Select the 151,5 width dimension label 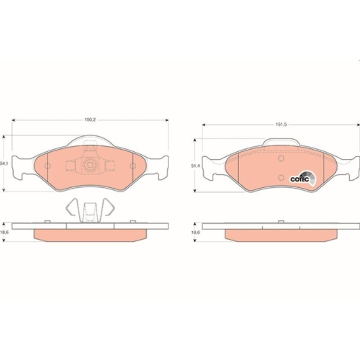coord(281,126)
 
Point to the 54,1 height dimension coord(5,163)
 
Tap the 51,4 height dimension coord(194,166)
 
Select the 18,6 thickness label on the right coord(194,233)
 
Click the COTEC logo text coord(298,179)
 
